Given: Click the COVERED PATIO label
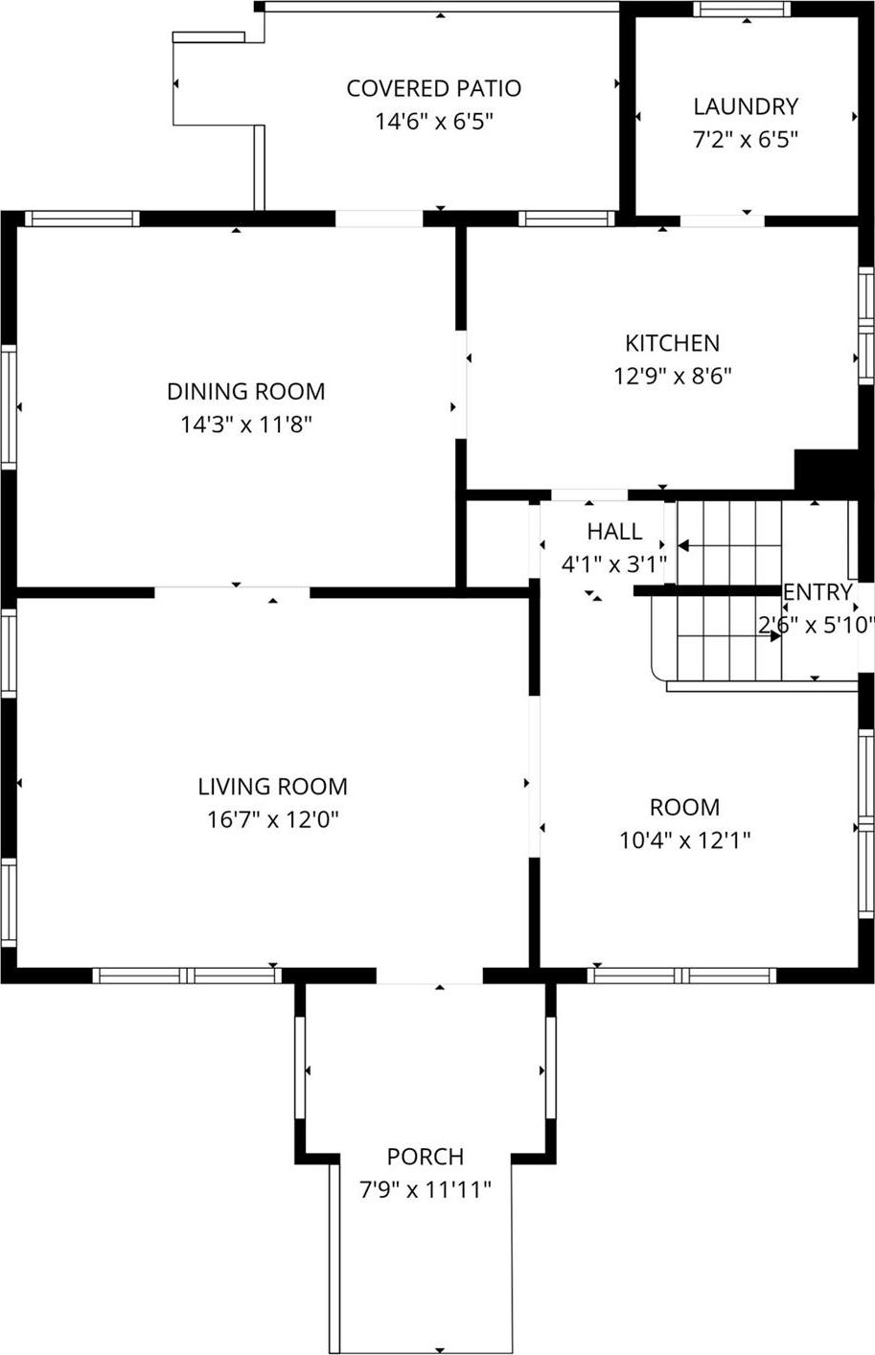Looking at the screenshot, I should tap(433, 88).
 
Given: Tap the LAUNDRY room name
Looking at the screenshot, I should tap(746, 106).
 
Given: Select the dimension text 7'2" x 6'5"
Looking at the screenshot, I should tap(746, 139).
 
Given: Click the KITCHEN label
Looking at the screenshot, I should tap(672, 343).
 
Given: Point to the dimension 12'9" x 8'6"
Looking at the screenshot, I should tap(672, 376).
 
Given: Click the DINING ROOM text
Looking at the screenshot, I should tap(246, 391).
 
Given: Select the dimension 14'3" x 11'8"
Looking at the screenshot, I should tap(246, 425).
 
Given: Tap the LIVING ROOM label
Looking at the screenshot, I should tap(272, 787).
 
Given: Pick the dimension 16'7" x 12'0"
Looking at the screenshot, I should tap(273, 820).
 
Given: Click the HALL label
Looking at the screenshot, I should tap(614, 531).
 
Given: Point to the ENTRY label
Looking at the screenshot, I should tap(817, 592).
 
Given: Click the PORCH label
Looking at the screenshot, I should tap(426, 1157).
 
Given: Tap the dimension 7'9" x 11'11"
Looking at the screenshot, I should tap(426, 1190).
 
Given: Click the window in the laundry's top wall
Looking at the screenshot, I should tap(742, 10).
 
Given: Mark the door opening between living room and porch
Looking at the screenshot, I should tap(429, 976).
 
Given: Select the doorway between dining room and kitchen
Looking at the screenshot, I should tap(461, 383).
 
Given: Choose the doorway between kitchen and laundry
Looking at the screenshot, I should tap(722, 221).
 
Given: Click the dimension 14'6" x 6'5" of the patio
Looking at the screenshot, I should tap(433, 122).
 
